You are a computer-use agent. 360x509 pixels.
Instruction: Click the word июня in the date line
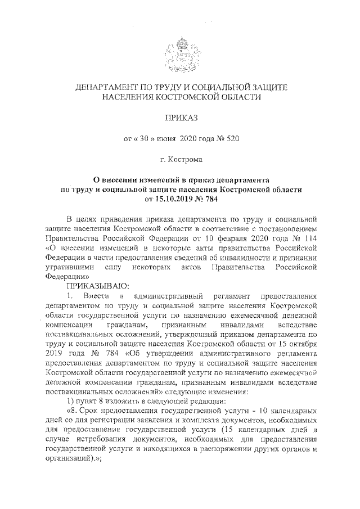[x=163, y=139]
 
